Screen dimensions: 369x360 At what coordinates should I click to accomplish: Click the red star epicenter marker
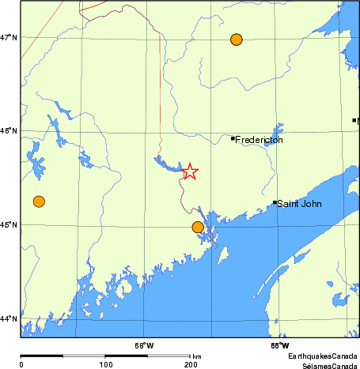190,171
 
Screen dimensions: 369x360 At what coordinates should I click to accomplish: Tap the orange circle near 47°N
236,40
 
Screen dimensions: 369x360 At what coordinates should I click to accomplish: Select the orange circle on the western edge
39,201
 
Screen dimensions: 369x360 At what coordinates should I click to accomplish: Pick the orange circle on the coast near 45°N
198,228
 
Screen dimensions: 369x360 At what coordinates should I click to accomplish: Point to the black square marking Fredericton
233,139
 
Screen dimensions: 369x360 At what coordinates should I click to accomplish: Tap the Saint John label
299,203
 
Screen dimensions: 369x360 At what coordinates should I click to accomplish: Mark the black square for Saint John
275,202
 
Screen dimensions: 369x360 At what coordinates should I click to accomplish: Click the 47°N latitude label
9,37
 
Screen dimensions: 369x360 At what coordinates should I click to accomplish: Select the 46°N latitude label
9,131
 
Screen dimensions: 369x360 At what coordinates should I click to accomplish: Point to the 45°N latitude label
9,225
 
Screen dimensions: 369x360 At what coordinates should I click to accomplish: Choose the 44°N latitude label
9,319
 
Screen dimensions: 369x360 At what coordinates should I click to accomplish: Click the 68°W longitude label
144,345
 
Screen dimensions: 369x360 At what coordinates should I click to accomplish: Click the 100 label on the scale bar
105,364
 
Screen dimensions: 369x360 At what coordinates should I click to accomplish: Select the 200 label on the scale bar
190,364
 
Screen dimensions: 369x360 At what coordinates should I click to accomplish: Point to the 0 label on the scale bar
21,364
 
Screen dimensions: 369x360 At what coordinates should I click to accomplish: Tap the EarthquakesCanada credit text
323,357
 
